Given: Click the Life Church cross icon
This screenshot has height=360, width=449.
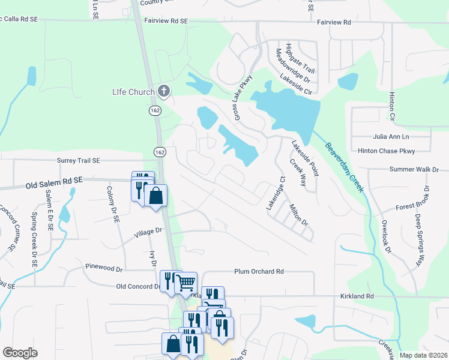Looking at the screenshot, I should click(x=164, y=91).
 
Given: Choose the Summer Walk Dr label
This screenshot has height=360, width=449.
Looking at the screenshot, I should click(x=414, y=170).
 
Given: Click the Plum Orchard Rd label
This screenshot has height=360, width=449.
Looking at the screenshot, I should click(x=259, y=272).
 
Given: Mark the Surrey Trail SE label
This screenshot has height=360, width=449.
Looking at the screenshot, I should click(x=79, y=161).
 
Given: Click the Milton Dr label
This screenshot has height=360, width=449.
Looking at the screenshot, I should click(x=298, y=215).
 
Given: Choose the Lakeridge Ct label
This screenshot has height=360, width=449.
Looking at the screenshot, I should click(x=275, y=193).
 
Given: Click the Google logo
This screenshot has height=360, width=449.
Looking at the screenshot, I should click(x=20, y=353).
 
